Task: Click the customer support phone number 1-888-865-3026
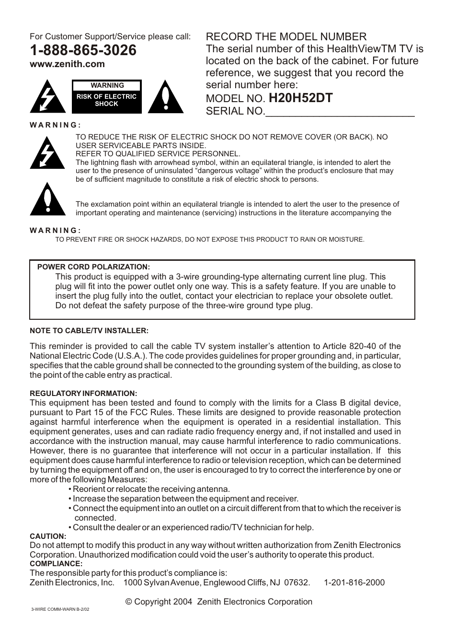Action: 83,50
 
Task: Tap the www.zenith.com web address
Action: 67,64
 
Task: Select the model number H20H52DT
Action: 300,98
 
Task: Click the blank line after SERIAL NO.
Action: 340,112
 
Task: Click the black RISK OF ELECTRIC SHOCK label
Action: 107,100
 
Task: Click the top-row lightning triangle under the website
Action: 48,98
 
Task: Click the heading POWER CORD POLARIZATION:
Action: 93,267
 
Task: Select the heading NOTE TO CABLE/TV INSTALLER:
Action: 89,331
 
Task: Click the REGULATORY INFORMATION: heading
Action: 83,394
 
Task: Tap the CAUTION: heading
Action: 48,536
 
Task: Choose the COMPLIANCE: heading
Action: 56,564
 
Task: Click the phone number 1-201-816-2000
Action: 354,582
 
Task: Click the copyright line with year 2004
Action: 218,602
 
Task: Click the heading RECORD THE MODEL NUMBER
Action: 286,37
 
